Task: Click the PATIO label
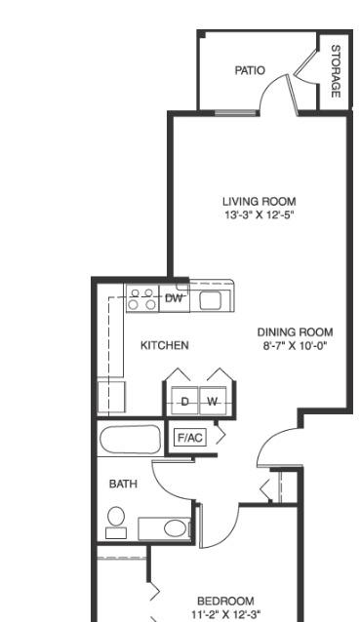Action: pyautogui.click(x=250, y=70)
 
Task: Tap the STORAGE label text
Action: pyautogui.click(x=336, y=71)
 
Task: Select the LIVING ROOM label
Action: pyautogui.click(x=260, y=201)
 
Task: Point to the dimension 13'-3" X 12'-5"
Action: pyautogui.click(x=260, y=215)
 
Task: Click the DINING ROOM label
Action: pyautogui.click(x=295, y=332)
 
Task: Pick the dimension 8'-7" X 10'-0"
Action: pyautogui.click(x=295, y=345)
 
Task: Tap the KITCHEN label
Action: pyautogui.click(x=165, y=345)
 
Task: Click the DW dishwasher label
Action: pyautogui.click(x=174, y=298)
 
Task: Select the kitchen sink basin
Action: pyautogui.click(x=209, y=299)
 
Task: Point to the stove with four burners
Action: pyautogui.click(x=142, y=298)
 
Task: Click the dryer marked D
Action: pyautogui.click(x=185, y=402)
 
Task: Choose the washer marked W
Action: pyautogui.click(x=213, y=402)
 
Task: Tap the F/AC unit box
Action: pyautogui.click(x=190, y=438)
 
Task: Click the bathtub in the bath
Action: pyautogui.click(x=130, y=440)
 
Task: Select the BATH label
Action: pyautogui.click(x=123, y=484)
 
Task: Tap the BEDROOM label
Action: pyautogui.click(x=225, y=601)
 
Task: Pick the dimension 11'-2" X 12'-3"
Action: pyautogui.click(x=226, y=614)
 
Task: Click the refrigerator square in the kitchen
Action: pyautogui.click(x=111, y=397)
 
